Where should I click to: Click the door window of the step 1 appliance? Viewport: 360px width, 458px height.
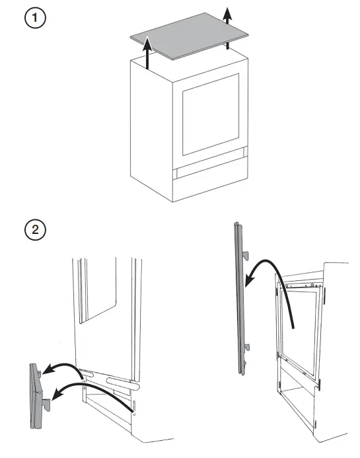pyautogui.click(x=210, y=122)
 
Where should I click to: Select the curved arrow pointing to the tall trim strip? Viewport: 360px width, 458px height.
pyautogui.click(x=271, y=278)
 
